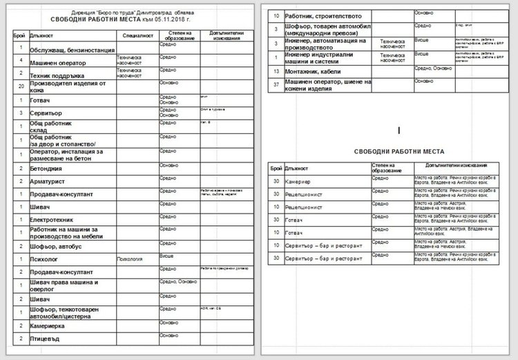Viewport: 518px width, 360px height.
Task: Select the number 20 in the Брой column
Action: point(21,86)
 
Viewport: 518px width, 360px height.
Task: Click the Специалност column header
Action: point(137,34)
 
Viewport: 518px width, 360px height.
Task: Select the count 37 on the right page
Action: point(276,84)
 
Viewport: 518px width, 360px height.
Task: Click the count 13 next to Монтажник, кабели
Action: point(276,71)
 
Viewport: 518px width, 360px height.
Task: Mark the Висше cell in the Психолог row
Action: point(166,256)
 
